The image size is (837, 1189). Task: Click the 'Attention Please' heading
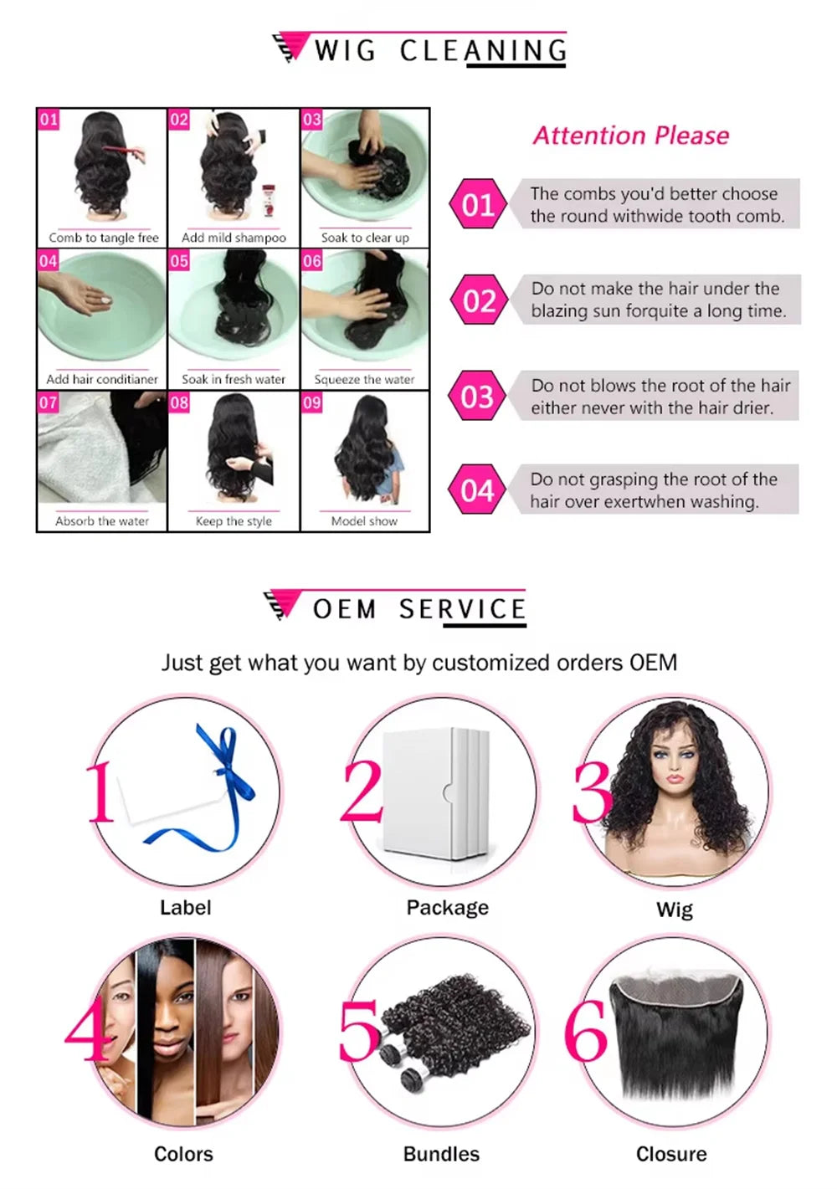tap(630, 136)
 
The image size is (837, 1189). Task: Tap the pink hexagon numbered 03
tap(477, 396)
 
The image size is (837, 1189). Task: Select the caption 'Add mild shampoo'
tap(234, 238)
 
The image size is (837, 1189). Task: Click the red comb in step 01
tap(121, 151)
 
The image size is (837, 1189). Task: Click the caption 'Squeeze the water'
tap(364, 379)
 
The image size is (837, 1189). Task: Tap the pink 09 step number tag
tap(312, 402)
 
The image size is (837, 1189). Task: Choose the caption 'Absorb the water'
tap(102, 520)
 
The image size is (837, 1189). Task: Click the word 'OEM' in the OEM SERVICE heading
tap(344, 609)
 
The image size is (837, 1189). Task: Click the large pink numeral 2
tap(362, 791)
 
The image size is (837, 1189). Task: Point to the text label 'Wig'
tap(674, 910)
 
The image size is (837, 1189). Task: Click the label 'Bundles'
tap(441, 1154)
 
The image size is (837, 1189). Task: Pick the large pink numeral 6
tap(585, 1030)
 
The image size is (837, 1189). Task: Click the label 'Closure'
tap(671, 1154)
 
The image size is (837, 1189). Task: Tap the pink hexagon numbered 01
tap(477, 205)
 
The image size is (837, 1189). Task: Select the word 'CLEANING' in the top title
tap(483, 51)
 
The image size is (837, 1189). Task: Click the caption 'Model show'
tap(364, 520)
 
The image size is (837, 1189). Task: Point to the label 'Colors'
tap(183, 1154)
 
